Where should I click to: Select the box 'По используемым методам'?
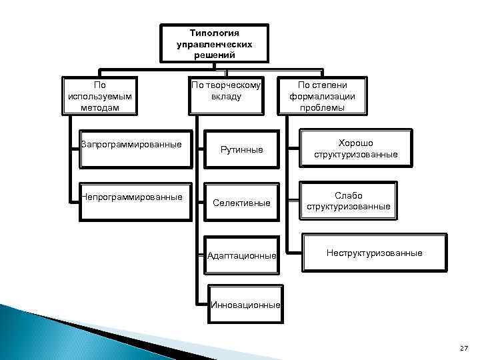point(100,96)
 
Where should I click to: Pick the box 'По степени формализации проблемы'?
point(322,96)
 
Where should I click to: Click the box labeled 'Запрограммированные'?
point(133,145)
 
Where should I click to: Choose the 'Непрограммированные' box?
point(133,197)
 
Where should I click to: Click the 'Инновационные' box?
point(245,305)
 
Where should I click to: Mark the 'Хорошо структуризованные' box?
point(356,149)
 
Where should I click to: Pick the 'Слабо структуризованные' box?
point(348,201)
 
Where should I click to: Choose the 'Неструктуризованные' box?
point(374,253)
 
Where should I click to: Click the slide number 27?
point(464,349)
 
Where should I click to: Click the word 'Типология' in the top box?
point(215,32)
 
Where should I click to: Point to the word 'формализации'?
point(322,96)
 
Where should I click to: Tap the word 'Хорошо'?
point(356,143)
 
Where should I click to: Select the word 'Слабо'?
point(348,195)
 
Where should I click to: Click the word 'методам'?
point(100,107)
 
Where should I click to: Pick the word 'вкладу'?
point(226,97)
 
